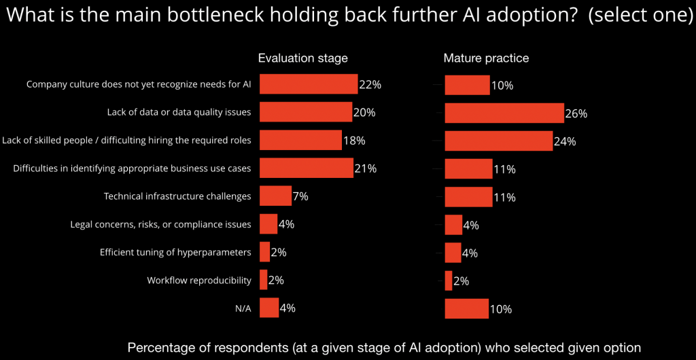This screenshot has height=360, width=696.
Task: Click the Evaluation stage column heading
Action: point(302,58)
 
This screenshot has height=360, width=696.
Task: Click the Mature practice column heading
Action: point(486,58)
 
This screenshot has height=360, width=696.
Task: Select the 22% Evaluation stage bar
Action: point(309,84)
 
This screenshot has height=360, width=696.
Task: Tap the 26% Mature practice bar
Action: point(504,113)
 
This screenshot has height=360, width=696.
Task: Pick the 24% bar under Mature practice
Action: point(498,141)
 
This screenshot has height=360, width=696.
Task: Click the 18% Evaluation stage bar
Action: point(300,140)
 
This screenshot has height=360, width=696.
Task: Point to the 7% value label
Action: point(300,196)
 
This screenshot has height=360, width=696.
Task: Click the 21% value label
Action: point(366,168)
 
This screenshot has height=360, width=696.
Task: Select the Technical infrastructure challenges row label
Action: point(177,196)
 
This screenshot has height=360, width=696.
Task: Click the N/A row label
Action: point(243,308)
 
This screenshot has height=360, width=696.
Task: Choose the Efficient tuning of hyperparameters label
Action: point(175,252)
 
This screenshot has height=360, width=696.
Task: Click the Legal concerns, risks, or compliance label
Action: point(161,224)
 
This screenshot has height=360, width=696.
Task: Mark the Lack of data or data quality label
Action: point(179,112)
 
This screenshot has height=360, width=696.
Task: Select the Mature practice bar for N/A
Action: point(466,308)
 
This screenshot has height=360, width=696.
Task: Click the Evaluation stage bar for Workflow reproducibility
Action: point(264,279)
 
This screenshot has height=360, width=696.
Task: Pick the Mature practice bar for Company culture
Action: point(467,85)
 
